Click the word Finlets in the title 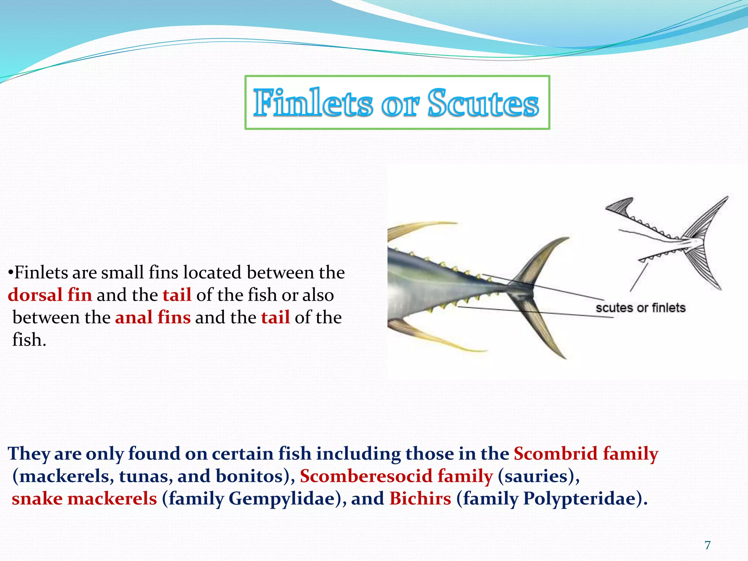point(313,103)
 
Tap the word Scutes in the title point(483,103)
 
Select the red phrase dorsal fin point(50,295)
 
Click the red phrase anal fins point(153,317)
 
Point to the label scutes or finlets point(640,308)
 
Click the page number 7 point(707,545)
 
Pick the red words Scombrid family point(586,454)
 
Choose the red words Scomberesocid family point(396,476)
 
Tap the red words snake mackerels point(84,499)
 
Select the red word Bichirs point(420,499)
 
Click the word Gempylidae point(282,499)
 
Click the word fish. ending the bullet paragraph point(29,340)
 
